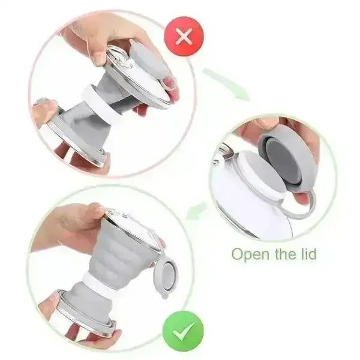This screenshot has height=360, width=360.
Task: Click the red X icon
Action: [184, 35]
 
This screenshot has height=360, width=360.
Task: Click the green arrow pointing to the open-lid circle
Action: [226, 84]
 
